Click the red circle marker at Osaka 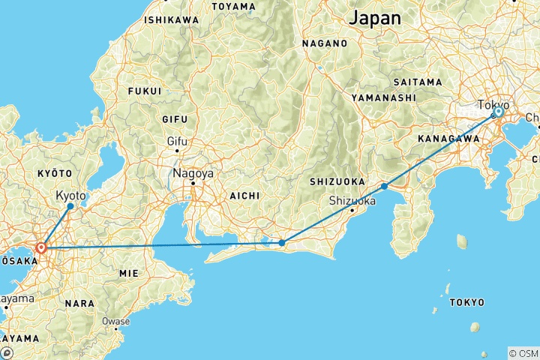(41, 247)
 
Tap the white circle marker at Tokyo (498, 112)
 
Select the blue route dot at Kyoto (70, 205)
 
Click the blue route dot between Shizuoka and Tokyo (384, 186)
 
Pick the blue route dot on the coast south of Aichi (282, 242)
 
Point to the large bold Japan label (375, 17)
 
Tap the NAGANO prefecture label (325, 43)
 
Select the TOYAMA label (234, 6)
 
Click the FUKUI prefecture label (145, 91)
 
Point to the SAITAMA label (417, 81)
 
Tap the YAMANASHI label (383, 97)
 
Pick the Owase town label (116, 321)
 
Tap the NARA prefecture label (79, 303)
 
